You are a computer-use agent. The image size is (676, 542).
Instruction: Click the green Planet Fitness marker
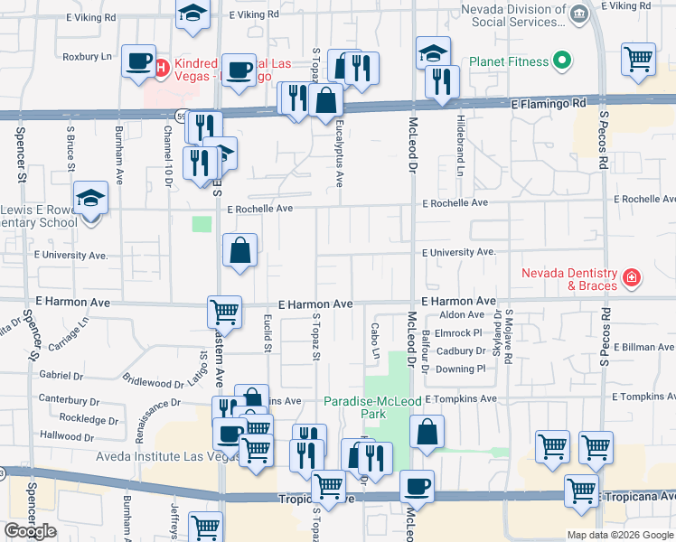(x=563, y=61)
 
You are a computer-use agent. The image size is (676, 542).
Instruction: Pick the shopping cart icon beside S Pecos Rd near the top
(x=639, y=59)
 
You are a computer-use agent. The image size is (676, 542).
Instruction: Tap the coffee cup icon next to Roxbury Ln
(x=138, y=61)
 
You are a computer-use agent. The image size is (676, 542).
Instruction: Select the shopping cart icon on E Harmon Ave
(x=224, y=313)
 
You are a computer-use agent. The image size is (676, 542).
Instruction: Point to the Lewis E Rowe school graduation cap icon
(x=89, y=197)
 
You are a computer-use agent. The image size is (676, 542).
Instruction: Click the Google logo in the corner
(x=29, y=531)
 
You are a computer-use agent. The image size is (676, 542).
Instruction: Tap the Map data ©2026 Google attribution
(x=620, y=535)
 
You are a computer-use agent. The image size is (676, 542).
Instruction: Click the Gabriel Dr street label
(x=61, y=374)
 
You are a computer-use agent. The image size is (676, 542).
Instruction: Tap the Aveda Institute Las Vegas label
(x=168, y=456)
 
